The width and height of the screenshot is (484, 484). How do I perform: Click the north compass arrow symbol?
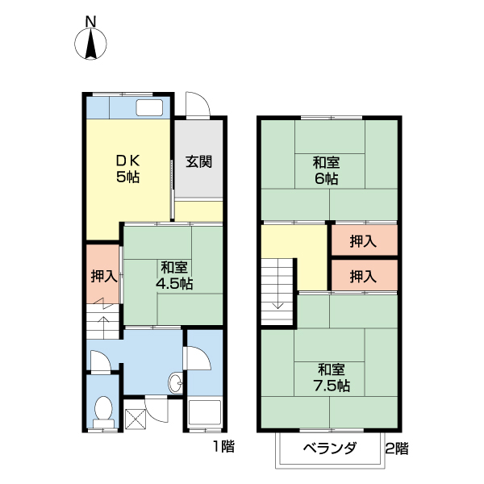pos(91,44)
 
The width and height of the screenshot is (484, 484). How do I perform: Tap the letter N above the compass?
pos(91,20)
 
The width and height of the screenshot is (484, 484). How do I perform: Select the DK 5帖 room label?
pos(127,169)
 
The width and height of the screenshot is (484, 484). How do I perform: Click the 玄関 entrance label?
pos(198,161)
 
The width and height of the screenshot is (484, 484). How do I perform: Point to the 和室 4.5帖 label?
pos(173,275)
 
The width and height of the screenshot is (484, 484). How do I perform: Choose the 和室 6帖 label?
pos(326,169)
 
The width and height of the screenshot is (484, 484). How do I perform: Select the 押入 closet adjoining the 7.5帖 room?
pos(363,276)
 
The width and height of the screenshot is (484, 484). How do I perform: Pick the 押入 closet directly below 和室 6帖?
pos(363,240)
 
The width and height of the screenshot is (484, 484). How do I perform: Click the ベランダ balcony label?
pos(330,449)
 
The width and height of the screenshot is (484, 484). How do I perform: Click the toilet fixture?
pos(102,411)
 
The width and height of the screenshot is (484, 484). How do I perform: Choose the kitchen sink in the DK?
pos(151,108)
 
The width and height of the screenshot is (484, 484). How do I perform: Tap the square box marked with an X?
pos(135,418)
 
